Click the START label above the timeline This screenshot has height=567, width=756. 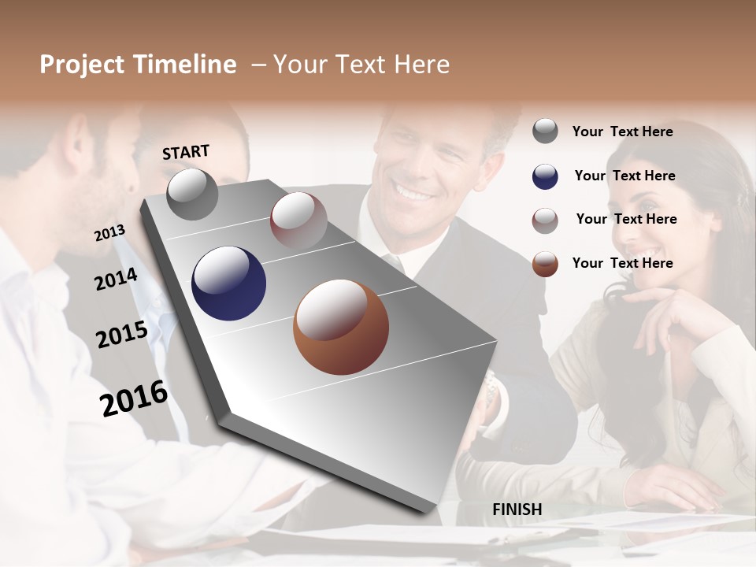click(x=186, y=152)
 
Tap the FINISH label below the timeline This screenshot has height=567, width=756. click(x=517, y=510)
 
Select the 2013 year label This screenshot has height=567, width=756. click(x=109, y=233)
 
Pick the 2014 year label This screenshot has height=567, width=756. click(x=116, y=279)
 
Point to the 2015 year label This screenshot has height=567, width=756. click(x=122, y=335)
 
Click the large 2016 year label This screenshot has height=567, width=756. click(x=134, y=398)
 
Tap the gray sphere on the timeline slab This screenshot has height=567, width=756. click(x=192, y=194)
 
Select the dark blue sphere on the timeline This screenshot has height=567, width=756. click(x=228, y=283)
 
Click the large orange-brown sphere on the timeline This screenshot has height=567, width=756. click(x=341, y=327)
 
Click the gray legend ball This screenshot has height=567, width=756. click(x=545, y=132)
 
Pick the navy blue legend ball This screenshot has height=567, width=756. click(x=545, y=176)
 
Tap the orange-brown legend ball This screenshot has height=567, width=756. click(x=545, y=264)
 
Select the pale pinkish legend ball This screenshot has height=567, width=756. click(x=545, y=220)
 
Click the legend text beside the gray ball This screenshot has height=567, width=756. click(x=622, y=132)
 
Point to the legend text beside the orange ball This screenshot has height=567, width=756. click(x=622, y=263)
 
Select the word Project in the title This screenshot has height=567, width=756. click(x=82, y=65)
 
